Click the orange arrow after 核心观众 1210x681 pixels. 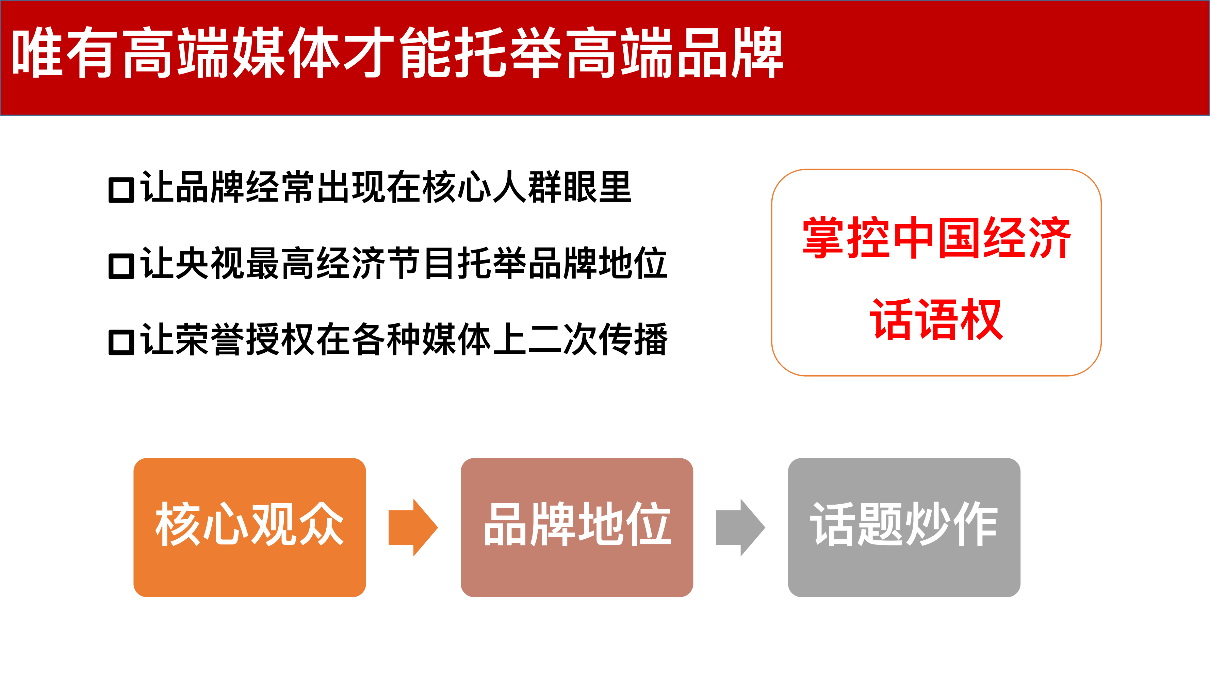(x=413, y=527)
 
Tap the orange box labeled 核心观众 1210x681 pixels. (x=249, y=527)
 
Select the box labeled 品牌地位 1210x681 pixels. (x=577, y=527)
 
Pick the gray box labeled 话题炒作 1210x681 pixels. (x=904, y=527)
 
